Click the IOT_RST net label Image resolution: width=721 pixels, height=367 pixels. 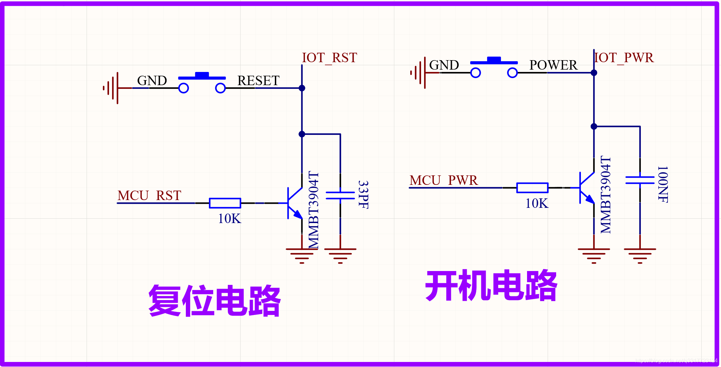click(x=329, y=58)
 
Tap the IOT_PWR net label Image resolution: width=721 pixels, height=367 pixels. click(x=624, y=58)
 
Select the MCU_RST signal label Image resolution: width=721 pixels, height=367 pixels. click(x=149, y=196)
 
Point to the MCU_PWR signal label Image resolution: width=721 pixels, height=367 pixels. click(x=443, y=180)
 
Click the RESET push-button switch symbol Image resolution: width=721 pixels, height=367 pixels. click(x=202, y=83)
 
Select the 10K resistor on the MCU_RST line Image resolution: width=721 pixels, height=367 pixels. click(x=225, y=203)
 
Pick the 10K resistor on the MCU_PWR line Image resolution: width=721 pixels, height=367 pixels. click(x=532, y=188)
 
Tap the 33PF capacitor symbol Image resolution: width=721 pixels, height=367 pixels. click(x=340, y=195)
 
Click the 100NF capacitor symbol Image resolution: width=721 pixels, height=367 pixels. click(x=640, y=180)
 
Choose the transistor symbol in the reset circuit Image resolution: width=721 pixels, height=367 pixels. click(x=294, y=203)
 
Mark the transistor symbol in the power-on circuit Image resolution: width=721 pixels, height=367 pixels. click(x=586, y=188)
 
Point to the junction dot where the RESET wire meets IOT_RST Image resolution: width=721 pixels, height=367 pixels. click(x=302, y=88)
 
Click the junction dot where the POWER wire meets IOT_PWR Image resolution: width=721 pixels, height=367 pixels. click(x=594, y=73)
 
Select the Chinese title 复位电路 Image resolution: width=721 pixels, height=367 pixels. click(x=215, y=301)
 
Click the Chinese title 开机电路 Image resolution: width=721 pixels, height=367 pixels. click(x=491, y=286)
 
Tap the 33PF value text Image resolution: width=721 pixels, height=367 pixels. click(x=363, y=195)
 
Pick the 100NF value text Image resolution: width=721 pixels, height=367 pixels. click(x=663, y=184)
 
